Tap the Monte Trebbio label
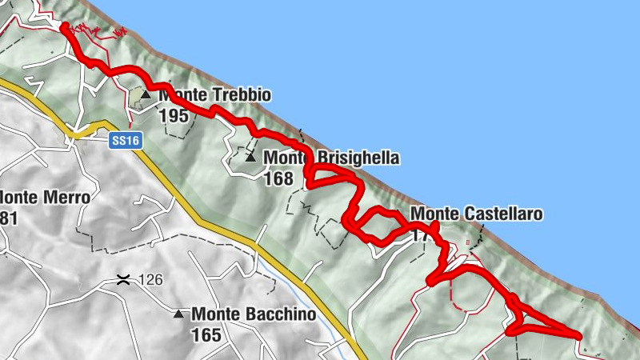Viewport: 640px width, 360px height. point(214,96)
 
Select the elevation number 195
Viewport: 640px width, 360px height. point(173,116)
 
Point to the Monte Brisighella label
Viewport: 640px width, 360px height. point(331,158)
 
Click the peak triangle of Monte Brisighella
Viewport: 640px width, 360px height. point(250,158)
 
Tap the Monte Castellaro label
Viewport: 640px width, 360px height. point(476,214)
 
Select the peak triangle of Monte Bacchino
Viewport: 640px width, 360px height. point(178,314)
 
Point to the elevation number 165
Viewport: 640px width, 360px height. point(206,334)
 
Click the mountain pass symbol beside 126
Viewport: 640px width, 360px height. point(123,279)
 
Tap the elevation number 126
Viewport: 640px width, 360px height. point(150,280)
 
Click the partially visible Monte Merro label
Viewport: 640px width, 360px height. point(44,197)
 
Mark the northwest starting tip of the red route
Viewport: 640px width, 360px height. point(63,27)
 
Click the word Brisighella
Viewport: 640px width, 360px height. point(358,158)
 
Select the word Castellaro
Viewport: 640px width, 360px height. point(502,214)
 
